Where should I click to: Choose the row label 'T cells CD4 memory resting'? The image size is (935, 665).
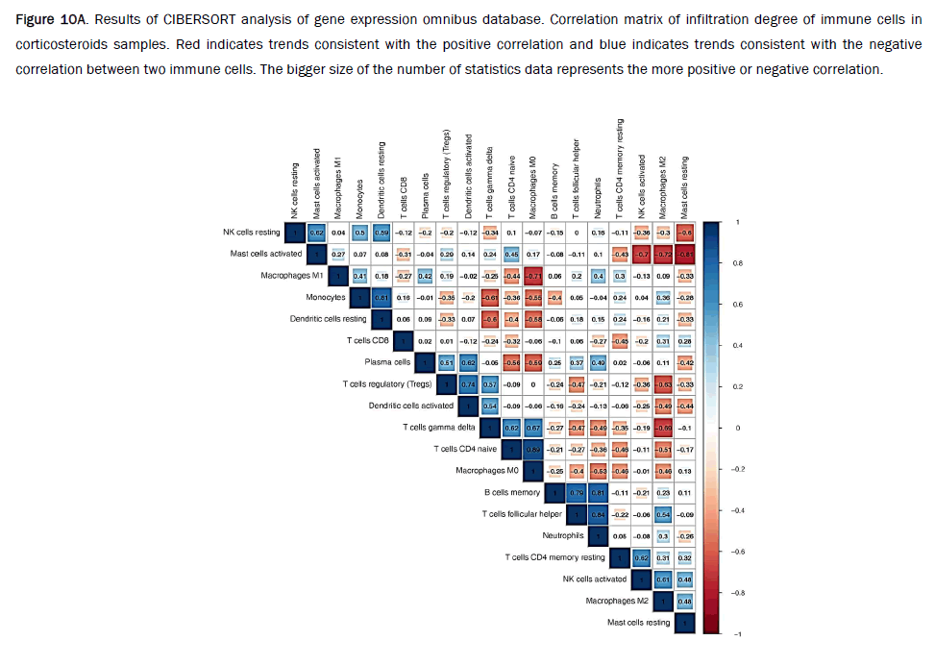tap(555, 556)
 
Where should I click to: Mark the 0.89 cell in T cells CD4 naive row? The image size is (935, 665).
tap(532, 449)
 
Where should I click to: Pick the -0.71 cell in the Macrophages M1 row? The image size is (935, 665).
tap(532, 276)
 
